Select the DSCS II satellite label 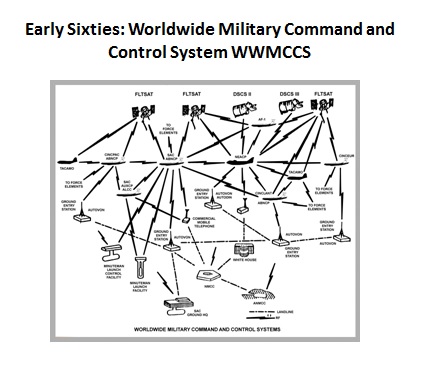[242, 93]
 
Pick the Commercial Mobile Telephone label [204, 222]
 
